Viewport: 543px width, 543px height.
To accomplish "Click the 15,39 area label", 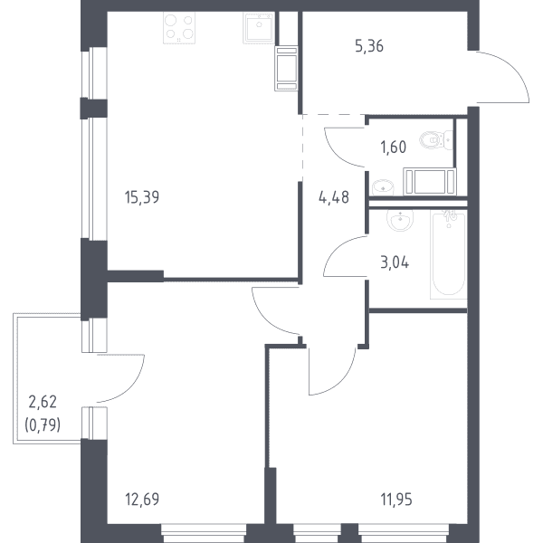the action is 142,197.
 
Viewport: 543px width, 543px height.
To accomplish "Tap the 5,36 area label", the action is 369,46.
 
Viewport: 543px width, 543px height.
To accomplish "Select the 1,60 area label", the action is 394,148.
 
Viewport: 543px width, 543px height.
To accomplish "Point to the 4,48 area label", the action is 333,197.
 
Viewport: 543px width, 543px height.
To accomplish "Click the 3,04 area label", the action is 395,262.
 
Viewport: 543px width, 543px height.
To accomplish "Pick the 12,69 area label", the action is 142,500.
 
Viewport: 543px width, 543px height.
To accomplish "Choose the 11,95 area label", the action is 396,500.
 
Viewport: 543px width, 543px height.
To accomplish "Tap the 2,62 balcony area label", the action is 43,402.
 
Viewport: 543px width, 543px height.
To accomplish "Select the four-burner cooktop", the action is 179,28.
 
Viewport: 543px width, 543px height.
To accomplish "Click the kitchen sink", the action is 259,27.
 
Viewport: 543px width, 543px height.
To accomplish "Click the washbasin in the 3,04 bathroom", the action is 400,220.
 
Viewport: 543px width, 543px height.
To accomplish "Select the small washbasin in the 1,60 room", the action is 383,187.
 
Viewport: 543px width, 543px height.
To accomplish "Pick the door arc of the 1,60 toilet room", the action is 337,153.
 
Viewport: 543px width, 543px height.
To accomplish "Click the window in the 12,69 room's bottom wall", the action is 204,533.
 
